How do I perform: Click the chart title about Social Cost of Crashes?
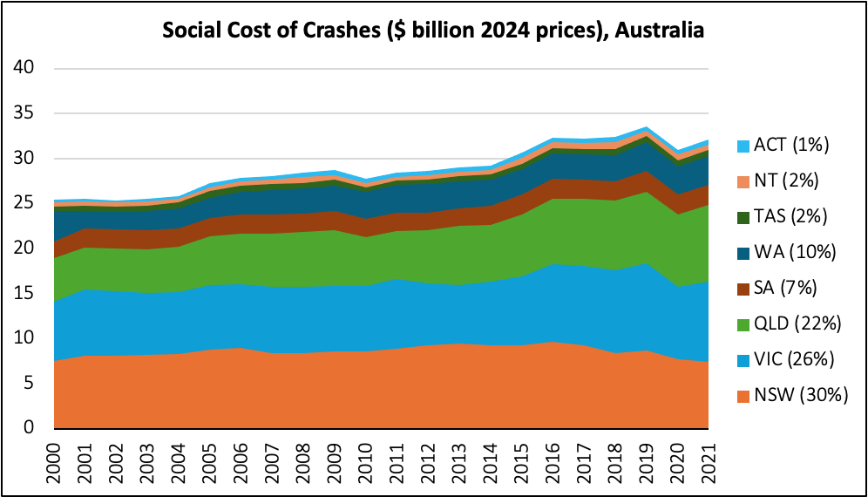433,31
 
